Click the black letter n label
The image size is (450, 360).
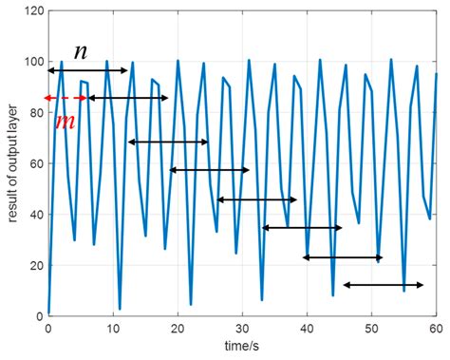click(x=81, y=52)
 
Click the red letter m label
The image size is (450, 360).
click(x=66, y=122)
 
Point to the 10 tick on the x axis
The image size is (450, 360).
click(x=112, y=328)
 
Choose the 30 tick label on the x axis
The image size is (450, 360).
click(x=242, y=328)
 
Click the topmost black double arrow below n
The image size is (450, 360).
click(x=87, y=70)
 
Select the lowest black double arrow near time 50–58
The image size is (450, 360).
click(x=384, y=285)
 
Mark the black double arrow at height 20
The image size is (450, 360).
click(x=343, y=257)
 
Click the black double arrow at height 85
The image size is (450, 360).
click(x=128, y=98)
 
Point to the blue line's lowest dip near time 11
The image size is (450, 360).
click(x=120, y=309)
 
